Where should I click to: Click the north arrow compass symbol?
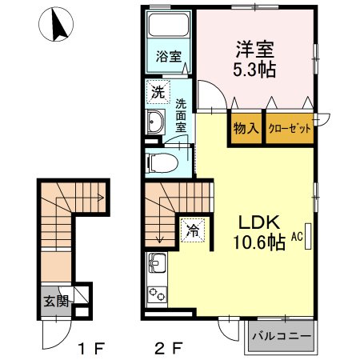[56, 25]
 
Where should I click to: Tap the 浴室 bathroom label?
[169, 58]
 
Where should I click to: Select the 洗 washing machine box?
[158, 92]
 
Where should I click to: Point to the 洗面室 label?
[181, 114]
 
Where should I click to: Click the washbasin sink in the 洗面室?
[156, 122]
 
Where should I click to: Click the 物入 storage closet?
[245, 128]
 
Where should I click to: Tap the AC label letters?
[297, 237]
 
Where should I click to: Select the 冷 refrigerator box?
[192, 230]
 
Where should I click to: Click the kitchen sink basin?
[156, 262]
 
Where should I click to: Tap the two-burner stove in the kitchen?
[156, 294]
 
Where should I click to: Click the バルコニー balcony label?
[282, 337]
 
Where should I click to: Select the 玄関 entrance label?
[55, 302]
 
